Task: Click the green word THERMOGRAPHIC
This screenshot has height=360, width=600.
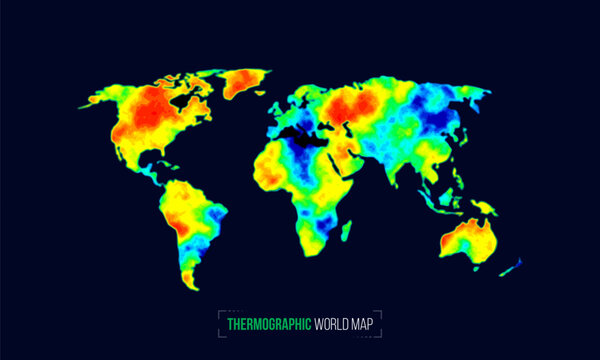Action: click(x=268, y=324)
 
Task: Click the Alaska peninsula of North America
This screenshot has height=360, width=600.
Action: click(x=100, y=100)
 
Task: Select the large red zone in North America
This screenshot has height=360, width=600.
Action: click(x=150, y=110)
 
